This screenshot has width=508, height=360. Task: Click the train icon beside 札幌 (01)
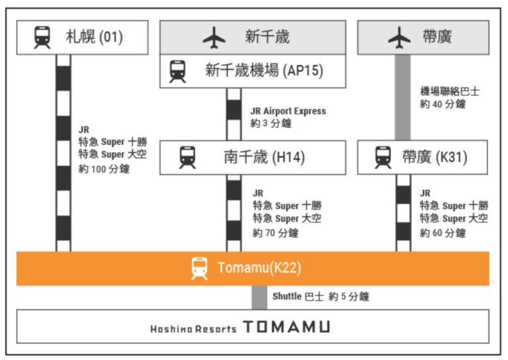(42, 37)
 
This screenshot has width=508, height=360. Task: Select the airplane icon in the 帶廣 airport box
(399, 37)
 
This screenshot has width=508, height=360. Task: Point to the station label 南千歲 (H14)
(264, 157)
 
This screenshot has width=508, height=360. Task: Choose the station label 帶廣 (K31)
(434, 157)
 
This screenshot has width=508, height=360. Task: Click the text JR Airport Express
(288, 111)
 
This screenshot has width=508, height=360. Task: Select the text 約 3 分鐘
(271, 124)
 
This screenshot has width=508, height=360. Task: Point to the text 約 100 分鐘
(104, 169)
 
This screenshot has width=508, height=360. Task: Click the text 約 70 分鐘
(276, 232)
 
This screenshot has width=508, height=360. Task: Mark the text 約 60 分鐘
(443, 232)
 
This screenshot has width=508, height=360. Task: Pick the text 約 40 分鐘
(443, 104)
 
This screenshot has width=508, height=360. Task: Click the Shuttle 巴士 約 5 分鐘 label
(321, 297)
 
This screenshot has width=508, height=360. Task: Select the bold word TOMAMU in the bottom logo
(285, 327)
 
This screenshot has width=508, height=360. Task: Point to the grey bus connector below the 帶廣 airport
(403, 97)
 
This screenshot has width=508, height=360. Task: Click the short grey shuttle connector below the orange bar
(259, 297)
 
